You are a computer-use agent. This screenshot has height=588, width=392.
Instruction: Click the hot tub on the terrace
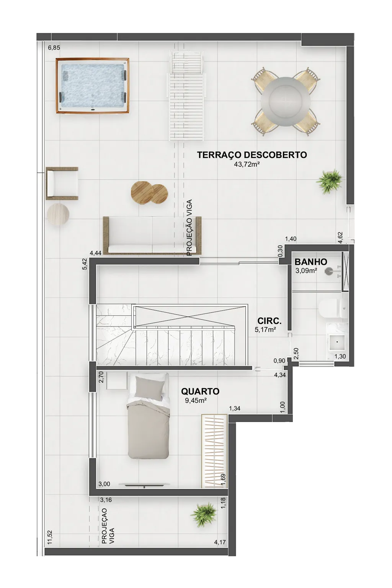(92, 86)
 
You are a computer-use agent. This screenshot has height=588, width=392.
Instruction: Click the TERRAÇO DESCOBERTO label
(252, 155)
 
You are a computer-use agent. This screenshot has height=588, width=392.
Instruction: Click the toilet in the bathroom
(333, 309)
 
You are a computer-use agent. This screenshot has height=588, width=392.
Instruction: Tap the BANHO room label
(311, 262)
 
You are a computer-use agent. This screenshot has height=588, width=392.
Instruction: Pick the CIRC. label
(269, 321)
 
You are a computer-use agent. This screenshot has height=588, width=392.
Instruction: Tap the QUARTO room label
(200, 391)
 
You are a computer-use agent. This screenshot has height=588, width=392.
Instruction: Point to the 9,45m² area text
(196, 401)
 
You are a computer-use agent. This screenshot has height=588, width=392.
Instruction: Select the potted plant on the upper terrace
(330, 181)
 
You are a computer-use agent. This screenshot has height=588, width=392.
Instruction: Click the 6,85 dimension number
(54, 48)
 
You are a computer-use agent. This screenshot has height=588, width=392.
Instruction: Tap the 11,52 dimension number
(50, 537)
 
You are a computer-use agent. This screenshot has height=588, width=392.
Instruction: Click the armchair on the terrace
(62, 184)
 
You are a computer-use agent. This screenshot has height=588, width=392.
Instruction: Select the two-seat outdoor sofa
(152, 236)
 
